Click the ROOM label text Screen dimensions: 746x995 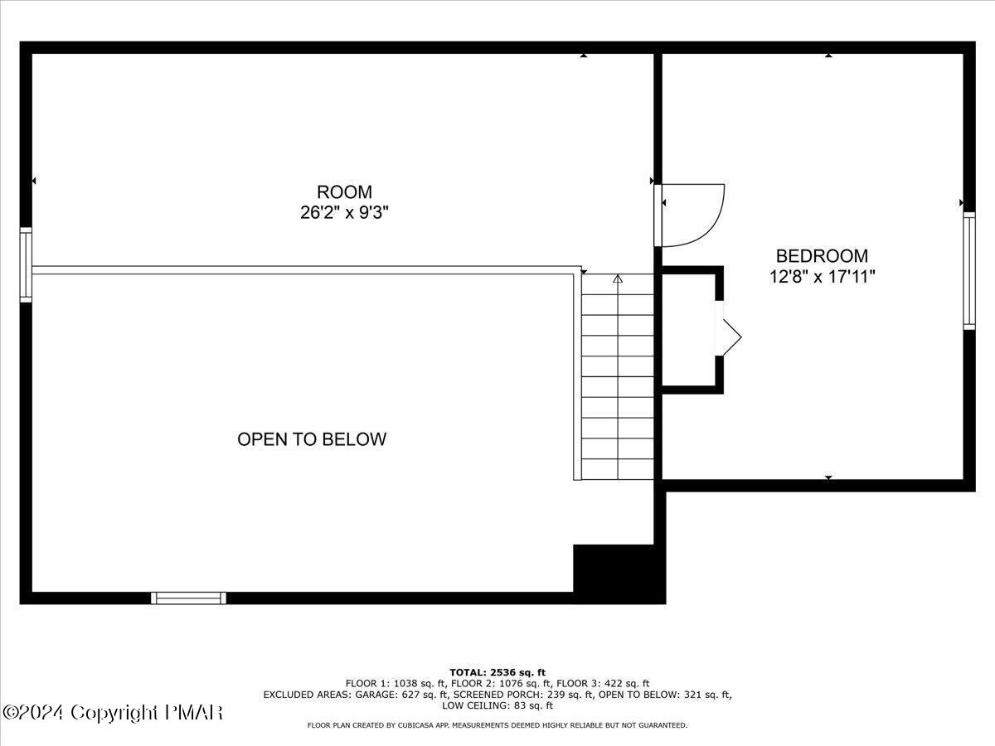pos(344,192)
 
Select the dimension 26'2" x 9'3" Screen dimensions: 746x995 pos(344,212)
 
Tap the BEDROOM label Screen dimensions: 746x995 pos(822,256)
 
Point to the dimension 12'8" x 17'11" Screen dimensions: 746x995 pos(822,277)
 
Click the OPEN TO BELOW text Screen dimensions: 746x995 pos(312,439)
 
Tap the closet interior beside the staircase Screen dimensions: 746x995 pos(688,330)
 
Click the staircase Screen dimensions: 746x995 pos(617,377)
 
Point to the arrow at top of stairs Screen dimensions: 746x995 pos(617,279)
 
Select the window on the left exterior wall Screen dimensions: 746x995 pos(26,265)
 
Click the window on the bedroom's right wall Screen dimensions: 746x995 pos(968,271)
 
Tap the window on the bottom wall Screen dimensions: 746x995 pos(188,598)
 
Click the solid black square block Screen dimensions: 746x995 pos(618,572)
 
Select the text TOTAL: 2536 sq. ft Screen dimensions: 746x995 pos(498,672)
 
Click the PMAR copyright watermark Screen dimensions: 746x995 pos(113,713)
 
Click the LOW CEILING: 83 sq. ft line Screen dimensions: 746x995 pos(498,705)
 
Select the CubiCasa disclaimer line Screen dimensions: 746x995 pos(498,725)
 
